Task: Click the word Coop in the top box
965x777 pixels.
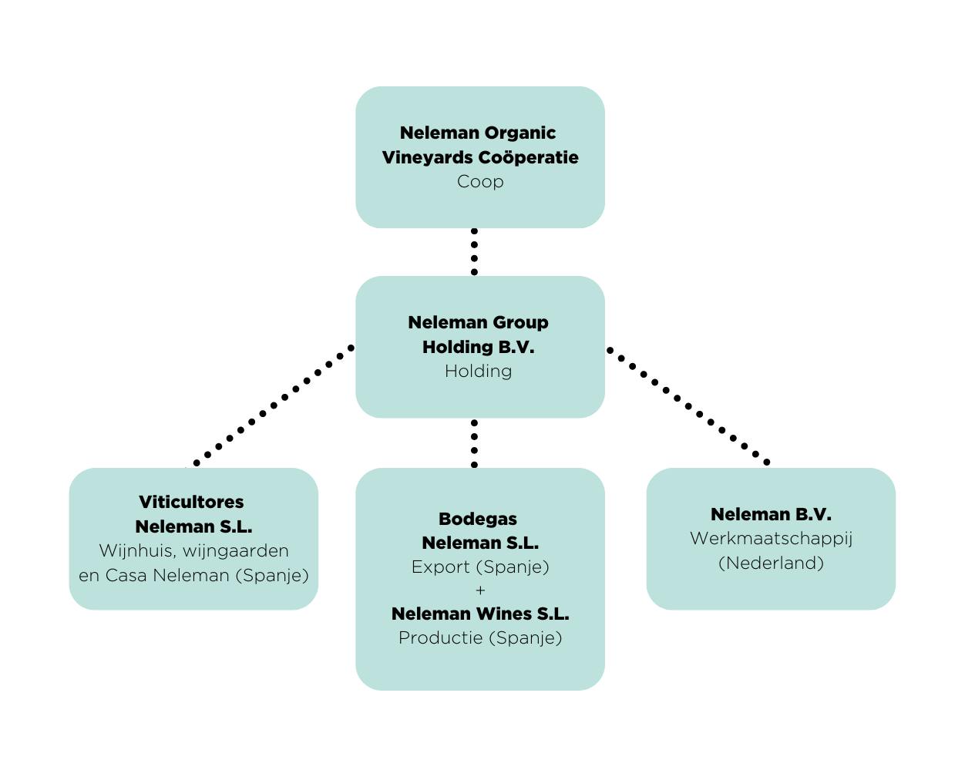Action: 479,182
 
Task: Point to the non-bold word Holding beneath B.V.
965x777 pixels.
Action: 478,372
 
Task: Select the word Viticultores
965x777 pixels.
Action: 191,502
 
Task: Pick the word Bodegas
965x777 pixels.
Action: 478,519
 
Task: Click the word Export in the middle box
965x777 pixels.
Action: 440,567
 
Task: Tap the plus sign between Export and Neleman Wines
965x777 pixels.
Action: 480,590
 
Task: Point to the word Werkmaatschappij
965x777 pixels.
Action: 771,539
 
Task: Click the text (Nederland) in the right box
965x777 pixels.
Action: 771,563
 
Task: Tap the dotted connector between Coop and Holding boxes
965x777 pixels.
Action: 474,251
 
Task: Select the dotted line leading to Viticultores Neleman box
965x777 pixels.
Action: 274,405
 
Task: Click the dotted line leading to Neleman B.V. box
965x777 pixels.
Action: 688,406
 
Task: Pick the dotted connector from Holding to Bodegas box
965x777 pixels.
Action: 474,443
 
